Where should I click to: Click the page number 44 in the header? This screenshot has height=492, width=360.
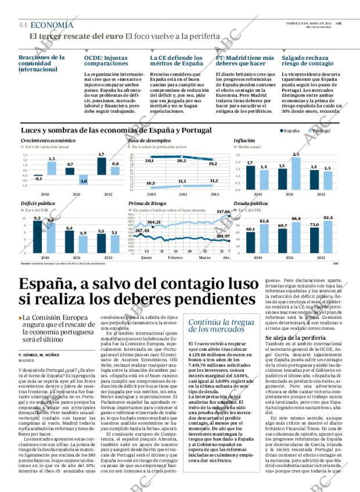point(23,25)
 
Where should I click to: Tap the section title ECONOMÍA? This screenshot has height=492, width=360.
point(52,25)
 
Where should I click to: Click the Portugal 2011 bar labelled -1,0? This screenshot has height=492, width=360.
point(83,178)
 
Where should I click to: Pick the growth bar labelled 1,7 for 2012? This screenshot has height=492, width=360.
point(102,166)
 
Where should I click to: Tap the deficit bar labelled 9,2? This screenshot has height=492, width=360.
point(37,236)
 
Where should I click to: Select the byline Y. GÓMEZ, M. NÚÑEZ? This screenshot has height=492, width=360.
point(38,354)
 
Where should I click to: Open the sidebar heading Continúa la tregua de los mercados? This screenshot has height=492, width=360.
point(221,326)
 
